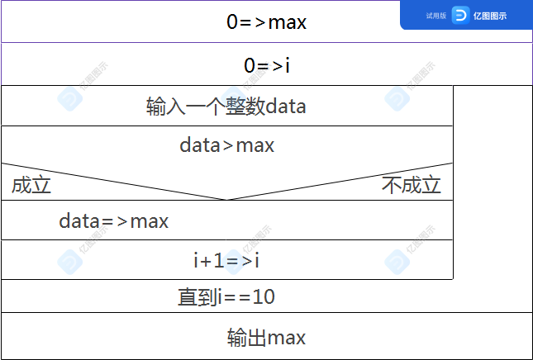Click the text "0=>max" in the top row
pyautogui.click(x=266, y=22)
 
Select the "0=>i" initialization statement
pyautogui.click(x=267, y=65)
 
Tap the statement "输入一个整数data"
pyautogui.click(x=226, y=107)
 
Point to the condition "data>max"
pyautogui.click(x=226, y=145)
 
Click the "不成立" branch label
pyautogui.click(x=412, y=185)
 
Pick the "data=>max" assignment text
pyautogui.click(x=113, y=221)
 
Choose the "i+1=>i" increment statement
pyautogui.click(x=226, y=261)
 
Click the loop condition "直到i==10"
pyautogui.click(x=226, y=296)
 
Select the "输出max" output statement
pyautogui.click(x=266, y=337)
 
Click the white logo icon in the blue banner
pyautogui.click(x=460, y=16)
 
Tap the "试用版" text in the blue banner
pyautogui.click(x=436, y=16)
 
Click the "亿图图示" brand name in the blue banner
pyautogui.click(x=490, y=16)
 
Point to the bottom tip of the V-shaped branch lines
pyautogui.click(x=226, y=200)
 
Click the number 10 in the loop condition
pyautogui.click(x=264, y=296)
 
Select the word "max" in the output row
pyautogui.click(x=287, y=338)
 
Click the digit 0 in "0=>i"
pyautogui.click(x=250, y=65)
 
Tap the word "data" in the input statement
pyautogui.click(x=286, y=107)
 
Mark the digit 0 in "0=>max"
pyautogui.click(x=232, y=22)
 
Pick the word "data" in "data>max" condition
pyautogui.click(x=200, y=145)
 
